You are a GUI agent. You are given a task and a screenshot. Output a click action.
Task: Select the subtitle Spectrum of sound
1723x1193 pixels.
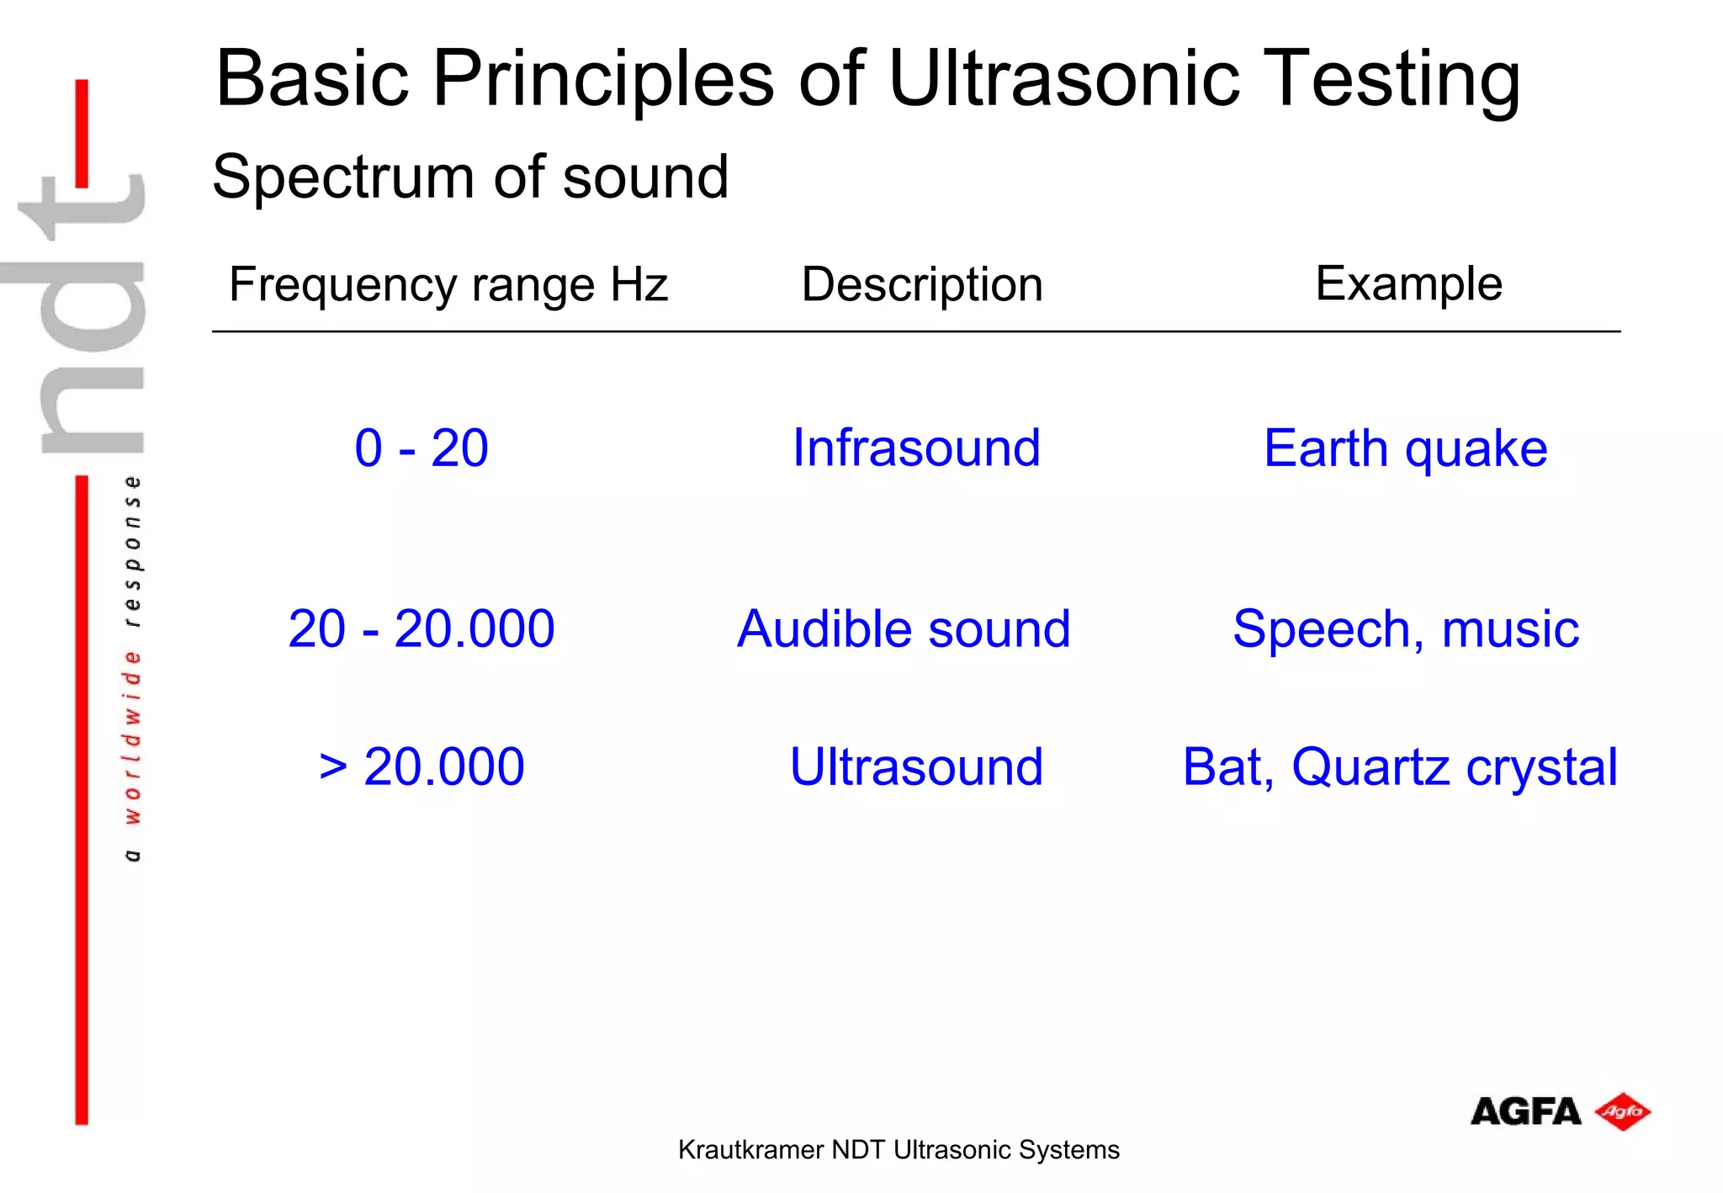(x=470, y=178)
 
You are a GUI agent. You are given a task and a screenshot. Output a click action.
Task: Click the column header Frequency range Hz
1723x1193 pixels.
(x=448, y=284)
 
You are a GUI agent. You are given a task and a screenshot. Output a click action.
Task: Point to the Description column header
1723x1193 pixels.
(x=922, y=284)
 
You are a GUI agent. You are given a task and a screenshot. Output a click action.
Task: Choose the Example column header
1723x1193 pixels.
(x=1408, y=284)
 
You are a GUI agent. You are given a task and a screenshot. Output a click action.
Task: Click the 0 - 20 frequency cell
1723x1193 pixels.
(x=421, y=448)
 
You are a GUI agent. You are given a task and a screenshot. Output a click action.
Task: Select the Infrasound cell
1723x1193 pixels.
(x=916, y=448)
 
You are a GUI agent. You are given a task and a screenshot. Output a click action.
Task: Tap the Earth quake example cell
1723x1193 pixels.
(x=1405, y=448)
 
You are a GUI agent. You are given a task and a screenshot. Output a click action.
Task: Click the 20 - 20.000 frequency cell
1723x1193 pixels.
(x=421, y=628)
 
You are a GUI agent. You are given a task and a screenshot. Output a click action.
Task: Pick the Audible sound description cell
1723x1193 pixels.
(x=904, y=628)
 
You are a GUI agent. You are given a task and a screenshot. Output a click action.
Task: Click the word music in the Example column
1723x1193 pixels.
(x=1510, y=629)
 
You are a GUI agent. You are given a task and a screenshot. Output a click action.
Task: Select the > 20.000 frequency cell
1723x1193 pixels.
(x=421, y=766)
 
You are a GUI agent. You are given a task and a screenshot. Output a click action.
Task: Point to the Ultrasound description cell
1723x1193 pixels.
(x=916, y=766)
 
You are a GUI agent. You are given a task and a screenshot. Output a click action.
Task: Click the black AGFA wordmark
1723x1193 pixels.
(x=1525, y=1111)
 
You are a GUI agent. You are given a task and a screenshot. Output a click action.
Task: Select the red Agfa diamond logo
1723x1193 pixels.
(x=1623, y=1111)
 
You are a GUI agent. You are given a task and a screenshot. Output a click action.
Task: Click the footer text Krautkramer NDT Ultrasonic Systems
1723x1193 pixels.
(x=899, y=1149)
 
